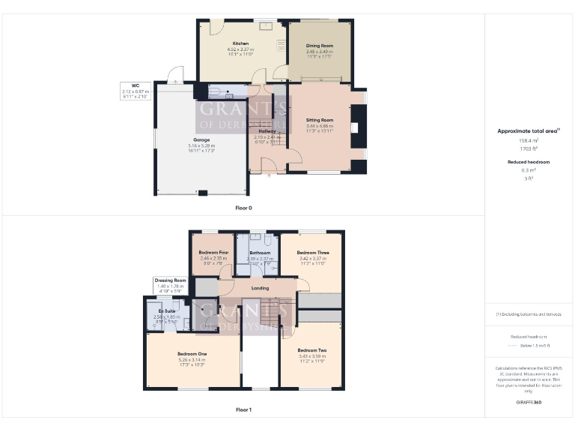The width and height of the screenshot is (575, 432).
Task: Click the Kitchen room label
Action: [x=240, y=43]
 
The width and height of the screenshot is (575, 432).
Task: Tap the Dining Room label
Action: [x=320, y=46]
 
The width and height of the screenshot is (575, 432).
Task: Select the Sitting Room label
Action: [x=320, y=120]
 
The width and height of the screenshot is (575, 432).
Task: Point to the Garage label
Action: [x=201, y=140]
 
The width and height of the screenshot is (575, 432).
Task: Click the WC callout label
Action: [x=136, y=85]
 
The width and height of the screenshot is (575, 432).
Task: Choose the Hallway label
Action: [x=267, y=131]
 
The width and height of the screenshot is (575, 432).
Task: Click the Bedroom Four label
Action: [x=213, y=253]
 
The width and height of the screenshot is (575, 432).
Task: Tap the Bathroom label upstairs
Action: [x=260, y=253]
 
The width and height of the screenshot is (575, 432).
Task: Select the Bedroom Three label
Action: [x=313, y=253]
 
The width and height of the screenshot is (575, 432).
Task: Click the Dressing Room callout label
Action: [x=171, y=280]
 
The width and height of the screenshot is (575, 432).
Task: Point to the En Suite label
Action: [x=166, y=310]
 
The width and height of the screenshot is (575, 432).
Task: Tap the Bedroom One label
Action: [x=192, y=354]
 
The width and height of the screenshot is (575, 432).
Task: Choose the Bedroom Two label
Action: [x=312, y=350]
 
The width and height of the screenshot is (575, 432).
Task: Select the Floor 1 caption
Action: [x=243, y=410]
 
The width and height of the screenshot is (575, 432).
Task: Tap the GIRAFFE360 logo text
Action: [x=529, y=403]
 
